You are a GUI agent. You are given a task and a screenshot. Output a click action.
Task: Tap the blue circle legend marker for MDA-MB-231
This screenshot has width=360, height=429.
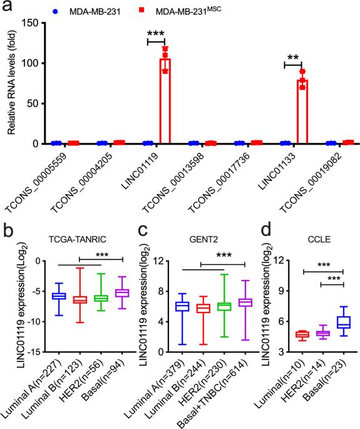pos(56,11)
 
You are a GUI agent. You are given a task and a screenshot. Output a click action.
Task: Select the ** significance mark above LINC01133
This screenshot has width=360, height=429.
pos(293,58)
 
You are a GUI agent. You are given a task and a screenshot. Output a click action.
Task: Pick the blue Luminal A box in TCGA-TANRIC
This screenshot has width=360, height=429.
pos(59,296)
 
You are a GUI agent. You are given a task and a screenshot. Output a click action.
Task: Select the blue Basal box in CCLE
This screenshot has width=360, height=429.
pos(343,322)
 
